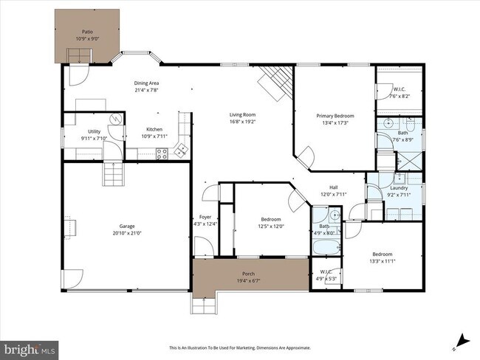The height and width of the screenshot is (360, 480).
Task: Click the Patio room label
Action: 88,32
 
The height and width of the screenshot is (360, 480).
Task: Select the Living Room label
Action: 242,114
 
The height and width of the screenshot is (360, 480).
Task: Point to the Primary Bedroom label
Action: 335,116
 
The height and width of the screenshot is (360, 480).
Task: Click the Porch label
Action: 249,274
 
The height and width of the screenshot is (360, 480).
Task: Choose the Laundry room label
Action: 399,188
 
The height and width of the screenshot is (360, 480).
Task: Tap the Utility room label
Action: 94,131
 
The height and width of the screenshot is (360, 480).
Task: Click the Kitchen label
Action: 154,129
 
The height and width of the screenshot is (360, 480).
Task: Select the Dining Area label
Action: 146,83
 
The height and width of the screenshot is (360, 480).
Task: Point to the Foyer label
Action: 205,217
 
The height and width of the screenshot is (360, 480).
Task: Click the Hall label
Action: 333,187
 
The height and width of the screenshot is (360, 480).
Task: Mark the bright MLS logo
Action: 30,346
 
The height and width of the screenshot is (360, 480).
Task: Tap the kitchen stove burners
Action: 161,153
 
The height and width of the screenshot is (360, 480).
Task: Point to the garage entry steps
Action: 112,175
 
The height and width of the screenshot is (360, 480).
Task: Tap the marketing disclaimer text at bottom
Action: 240,347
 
